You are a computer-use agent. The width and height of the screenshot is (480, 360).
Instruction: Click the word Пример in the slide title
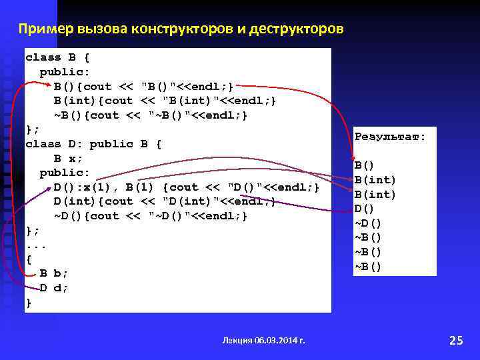[45, 29]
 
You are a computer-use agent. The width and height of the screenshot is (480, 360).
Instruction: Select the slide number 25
[456, 341]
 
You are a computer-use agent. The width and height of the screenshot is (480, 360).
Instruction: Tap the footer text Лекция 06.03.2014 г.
[263, 340]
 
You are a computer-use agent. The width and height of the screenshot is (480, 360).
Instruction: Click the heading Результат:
[390, 137]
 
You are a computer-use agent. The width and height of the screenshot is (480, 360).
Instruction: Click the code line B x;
[68, 158]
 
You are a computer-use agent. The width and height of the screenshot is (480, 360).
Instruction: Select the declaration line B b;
[54, 273]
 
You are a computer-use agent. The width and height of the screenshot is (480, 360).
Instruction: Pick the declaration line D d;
[54, 288]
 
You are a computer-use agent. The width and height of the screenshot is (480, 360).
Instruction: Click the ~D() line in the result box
[368, 223]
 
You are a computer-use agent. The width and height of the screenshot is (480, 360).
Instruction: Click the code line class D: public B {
[93, 144]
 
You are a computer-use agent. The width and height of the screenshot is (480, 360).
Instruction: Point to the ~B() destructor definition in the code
[151, 115]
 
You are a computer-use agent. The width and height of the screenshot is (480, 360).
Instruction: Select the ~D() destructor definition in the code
[151, 216]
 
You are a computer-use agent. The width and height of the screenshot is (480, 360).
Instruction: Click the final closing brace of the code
[29, 303]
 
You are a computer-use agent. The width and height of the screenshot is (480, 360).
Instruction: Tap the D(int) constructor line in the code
[164, 201]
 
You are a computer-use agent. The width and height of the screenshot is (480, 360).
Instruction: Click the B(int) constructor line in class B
[164, 101]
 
